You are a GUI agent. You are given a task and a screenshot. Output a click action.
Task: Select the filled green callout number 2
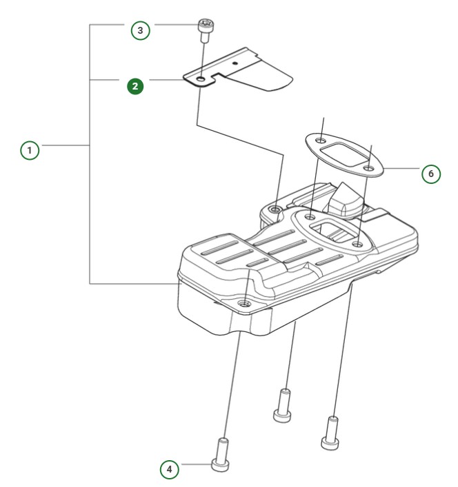point(136,86)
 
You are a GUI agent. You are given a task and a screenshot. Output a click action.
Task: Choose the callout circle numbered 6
point(430,174)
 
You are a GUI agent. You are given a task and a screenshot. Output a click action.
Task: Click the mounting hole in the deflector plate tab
point(199,81)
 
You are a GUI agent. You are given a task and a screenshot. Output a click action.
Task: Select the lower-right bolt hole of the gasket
point(370,168)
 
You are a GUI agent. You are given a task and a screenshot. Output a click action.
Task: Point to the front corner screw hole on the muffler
point(245,302)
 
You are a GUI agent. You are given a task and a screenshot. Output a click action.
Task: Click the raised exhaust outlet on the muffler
point(345,198)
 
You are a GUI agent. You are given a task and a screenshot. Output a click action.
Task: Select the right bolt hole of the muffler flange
point(357,243)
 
